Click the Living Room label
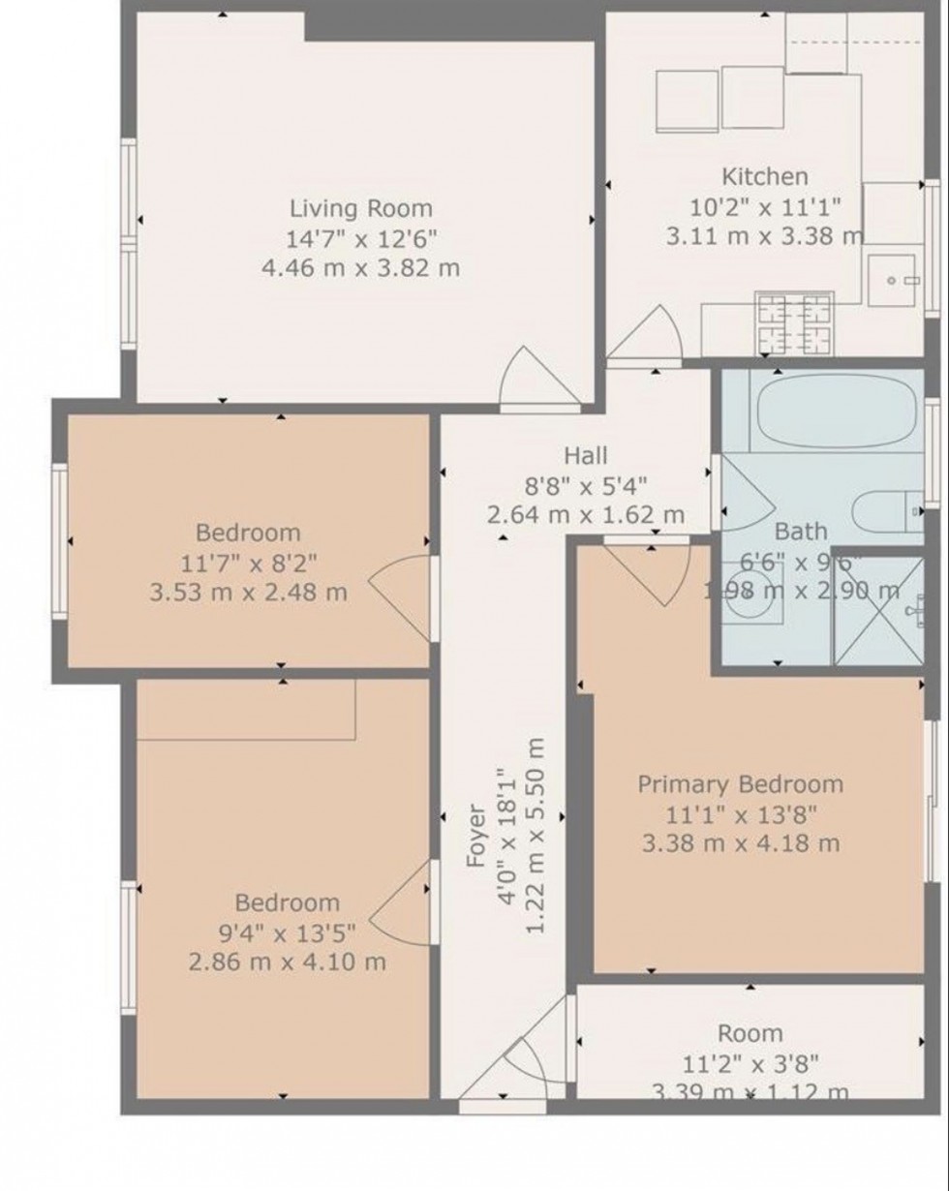coord(360,208)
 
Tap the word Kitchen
coord(764,176)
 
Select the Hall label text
coord(586,455)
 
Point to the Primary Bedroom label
coord(740,783)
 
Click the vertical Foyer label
coord(475,836)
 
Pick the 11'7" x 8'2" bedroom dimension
coord(248,562)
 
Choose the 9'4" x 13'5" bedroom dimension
coord(288,932)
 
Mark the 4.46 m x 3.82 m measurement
coord(360,268)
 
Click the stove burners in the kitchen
coord(794,323)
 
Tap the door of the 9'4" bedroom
coord(399,902)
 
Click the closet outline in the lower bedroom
coord(247,710)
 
